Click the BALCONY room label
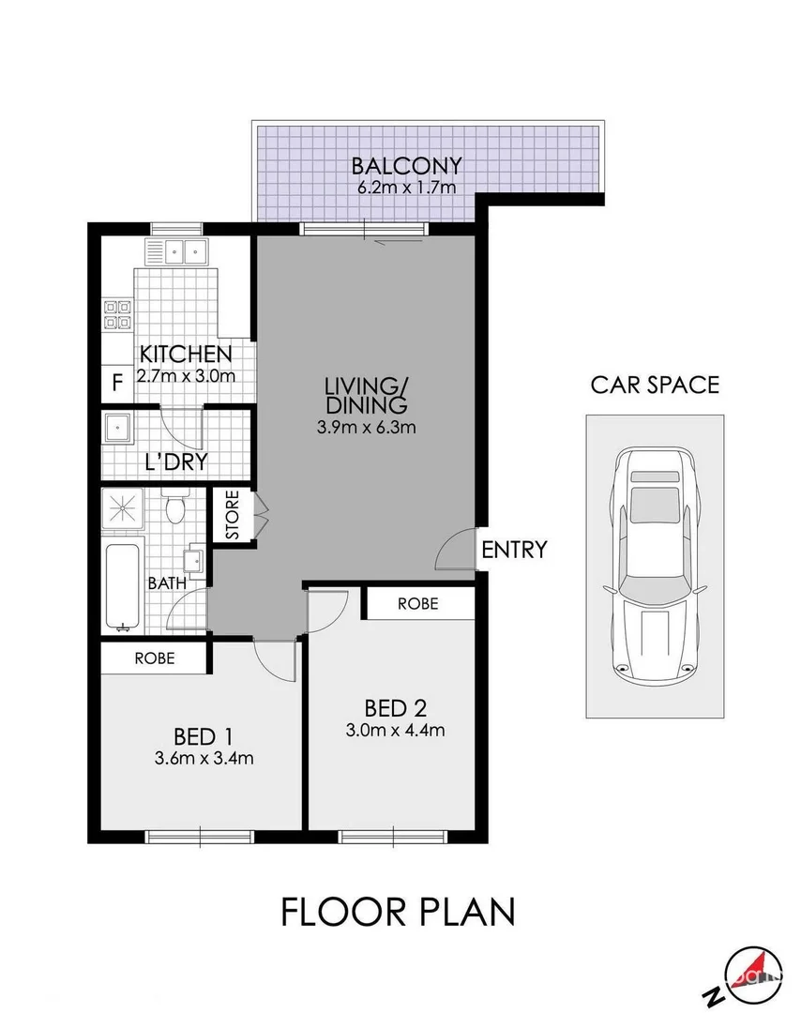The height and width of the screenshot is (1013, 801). (406, 166)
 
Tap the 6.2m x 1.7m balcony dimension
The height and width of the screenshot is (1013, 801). (406, 188)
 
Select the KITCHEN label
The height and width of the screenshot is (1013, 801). (185, 355)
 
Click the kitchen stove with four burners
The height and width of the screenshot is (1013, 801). (116, 313)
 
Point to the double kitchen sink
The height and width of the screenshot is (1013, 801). (176, 251)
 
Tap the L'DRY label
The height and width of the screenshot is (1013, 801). (175, 462)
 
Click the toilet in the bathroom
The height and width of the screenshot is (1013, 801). (174, 507)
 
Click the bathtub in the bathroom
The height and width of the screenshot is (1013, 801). (122, 587)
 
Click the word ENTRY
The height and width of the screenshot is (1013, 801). (513, 551)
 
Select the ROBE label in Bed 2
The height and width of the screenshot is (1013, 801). (417, 604)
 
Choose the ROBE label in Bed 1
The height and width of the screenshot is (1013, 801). (154, 658)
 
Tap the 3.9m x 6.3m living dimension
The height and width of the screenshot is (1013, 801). (366, 427)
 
